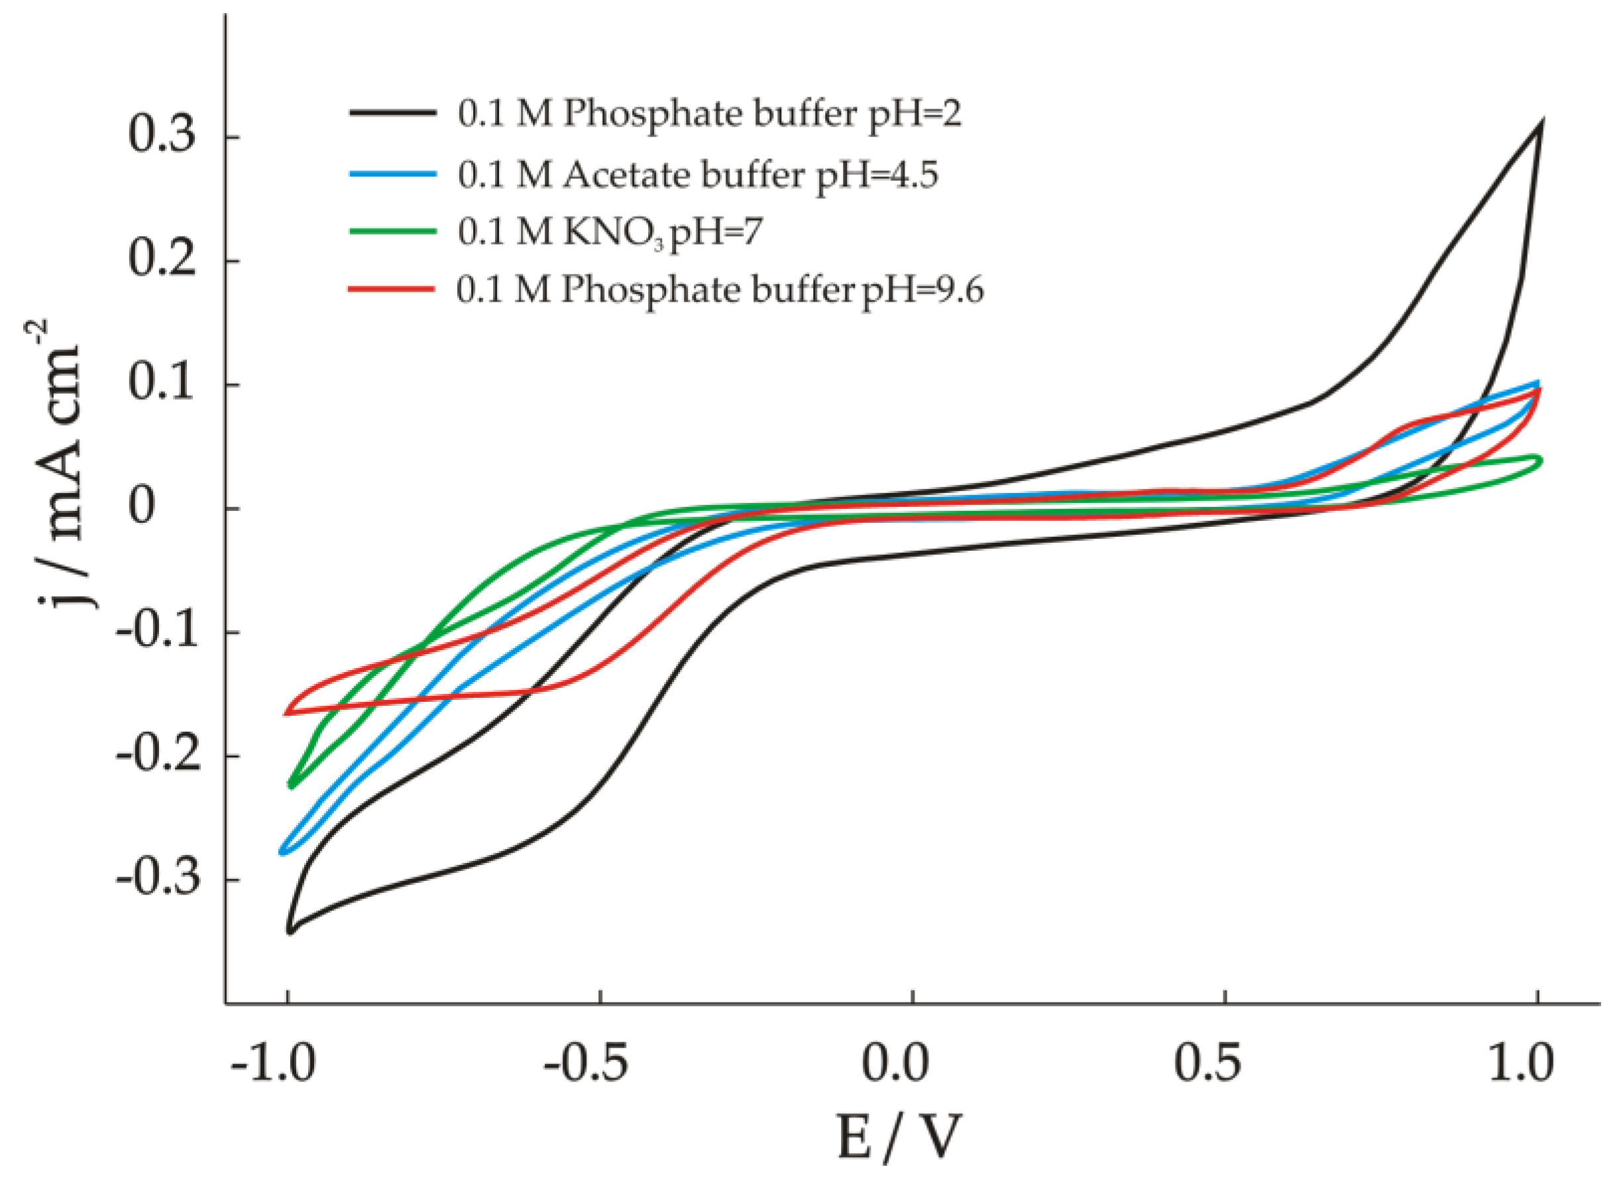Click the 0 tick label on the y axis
click(x=142, y=508)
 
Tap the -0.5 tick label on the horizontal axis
click(x=585, y=1062)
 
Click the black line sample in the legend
click(x=392, y=113)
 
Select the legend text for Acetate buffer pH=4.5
click(x=698, y=174)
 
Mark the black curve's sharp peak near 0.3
click(x=1542, y=121)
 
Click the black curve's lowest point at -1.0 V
click(x=290, y=931)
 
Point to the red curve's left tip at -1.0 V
click(x=286, y=712)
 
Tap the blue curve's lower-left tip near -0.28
click(x=283, y=851)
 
